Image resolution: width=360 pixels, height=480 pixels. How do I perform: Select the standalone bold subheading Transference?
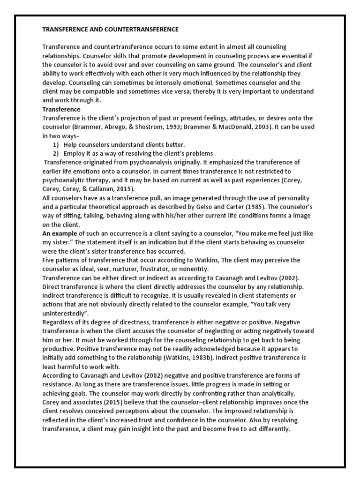[61, 109]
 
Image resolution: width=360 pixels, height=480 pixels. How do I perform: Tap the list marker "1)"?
[55, 144]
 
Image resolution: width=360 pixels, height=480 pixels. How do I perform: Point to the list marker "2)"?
[55, 153]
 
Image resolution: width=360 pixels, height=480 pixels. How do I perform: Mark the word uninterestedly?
[63, 313]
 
